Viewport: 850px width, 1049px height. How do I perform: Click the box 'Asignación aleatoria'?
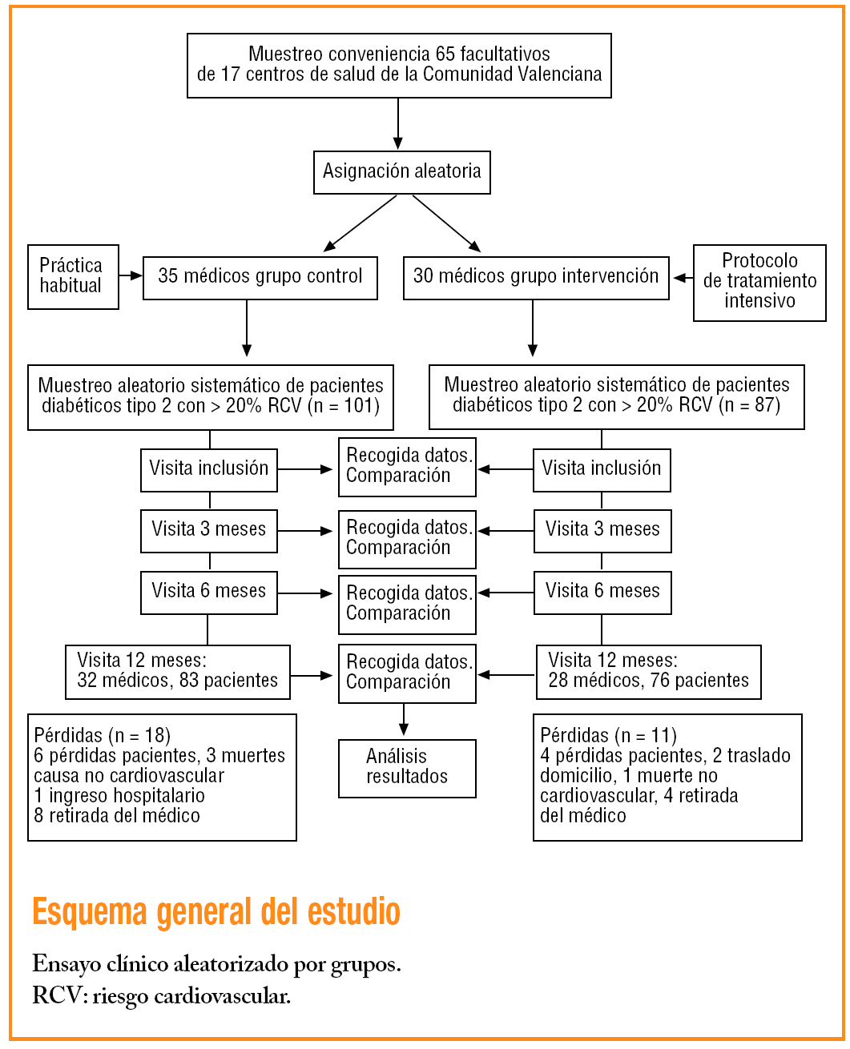[401, 171]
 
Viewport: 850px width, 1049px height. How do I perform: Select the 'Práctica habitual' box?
[73, 276]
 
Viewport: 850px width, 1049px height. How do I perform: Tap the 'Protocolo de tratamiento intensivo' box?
[759, 282]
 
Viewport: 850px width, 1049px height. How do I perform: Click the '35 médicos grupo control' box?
[260, 277]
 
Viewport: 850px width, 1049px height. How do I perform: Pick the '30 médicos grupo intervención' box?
[536, 277]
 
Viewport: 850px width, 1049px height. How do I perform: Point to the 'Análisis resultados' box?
[407, 767]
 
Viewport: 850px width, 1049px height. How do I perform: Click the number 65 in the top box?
[445, 54]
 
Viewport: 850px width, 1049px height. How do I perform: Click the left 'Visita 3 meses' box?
[209, 530]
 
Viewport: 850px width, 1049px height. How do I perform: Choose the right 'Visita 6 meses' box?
[602, 592]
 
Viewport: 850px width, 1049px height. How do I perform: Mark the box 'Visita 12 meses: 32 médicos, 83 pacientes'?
[178, 671]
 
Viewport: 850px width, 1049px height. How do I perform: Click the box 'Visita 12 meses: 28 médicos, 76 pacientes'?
[648, 671]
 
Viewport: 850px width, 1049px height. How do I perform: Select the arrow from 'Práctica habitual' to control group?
[131, 275]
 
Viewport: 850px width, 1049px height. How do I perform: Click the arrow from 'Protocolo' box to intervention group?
[683, 278]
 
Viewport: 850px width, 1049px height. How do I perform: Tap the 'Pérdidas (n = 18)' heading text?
[103, 735]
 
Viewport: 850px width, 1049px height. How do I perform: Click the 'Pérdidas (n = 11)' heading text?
[609, 735]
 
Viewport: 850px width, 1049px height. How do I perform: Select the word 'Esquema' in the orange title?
[90, 912]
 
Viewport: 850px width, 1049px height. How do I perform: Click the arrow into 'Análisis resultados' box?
[404, 720]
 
